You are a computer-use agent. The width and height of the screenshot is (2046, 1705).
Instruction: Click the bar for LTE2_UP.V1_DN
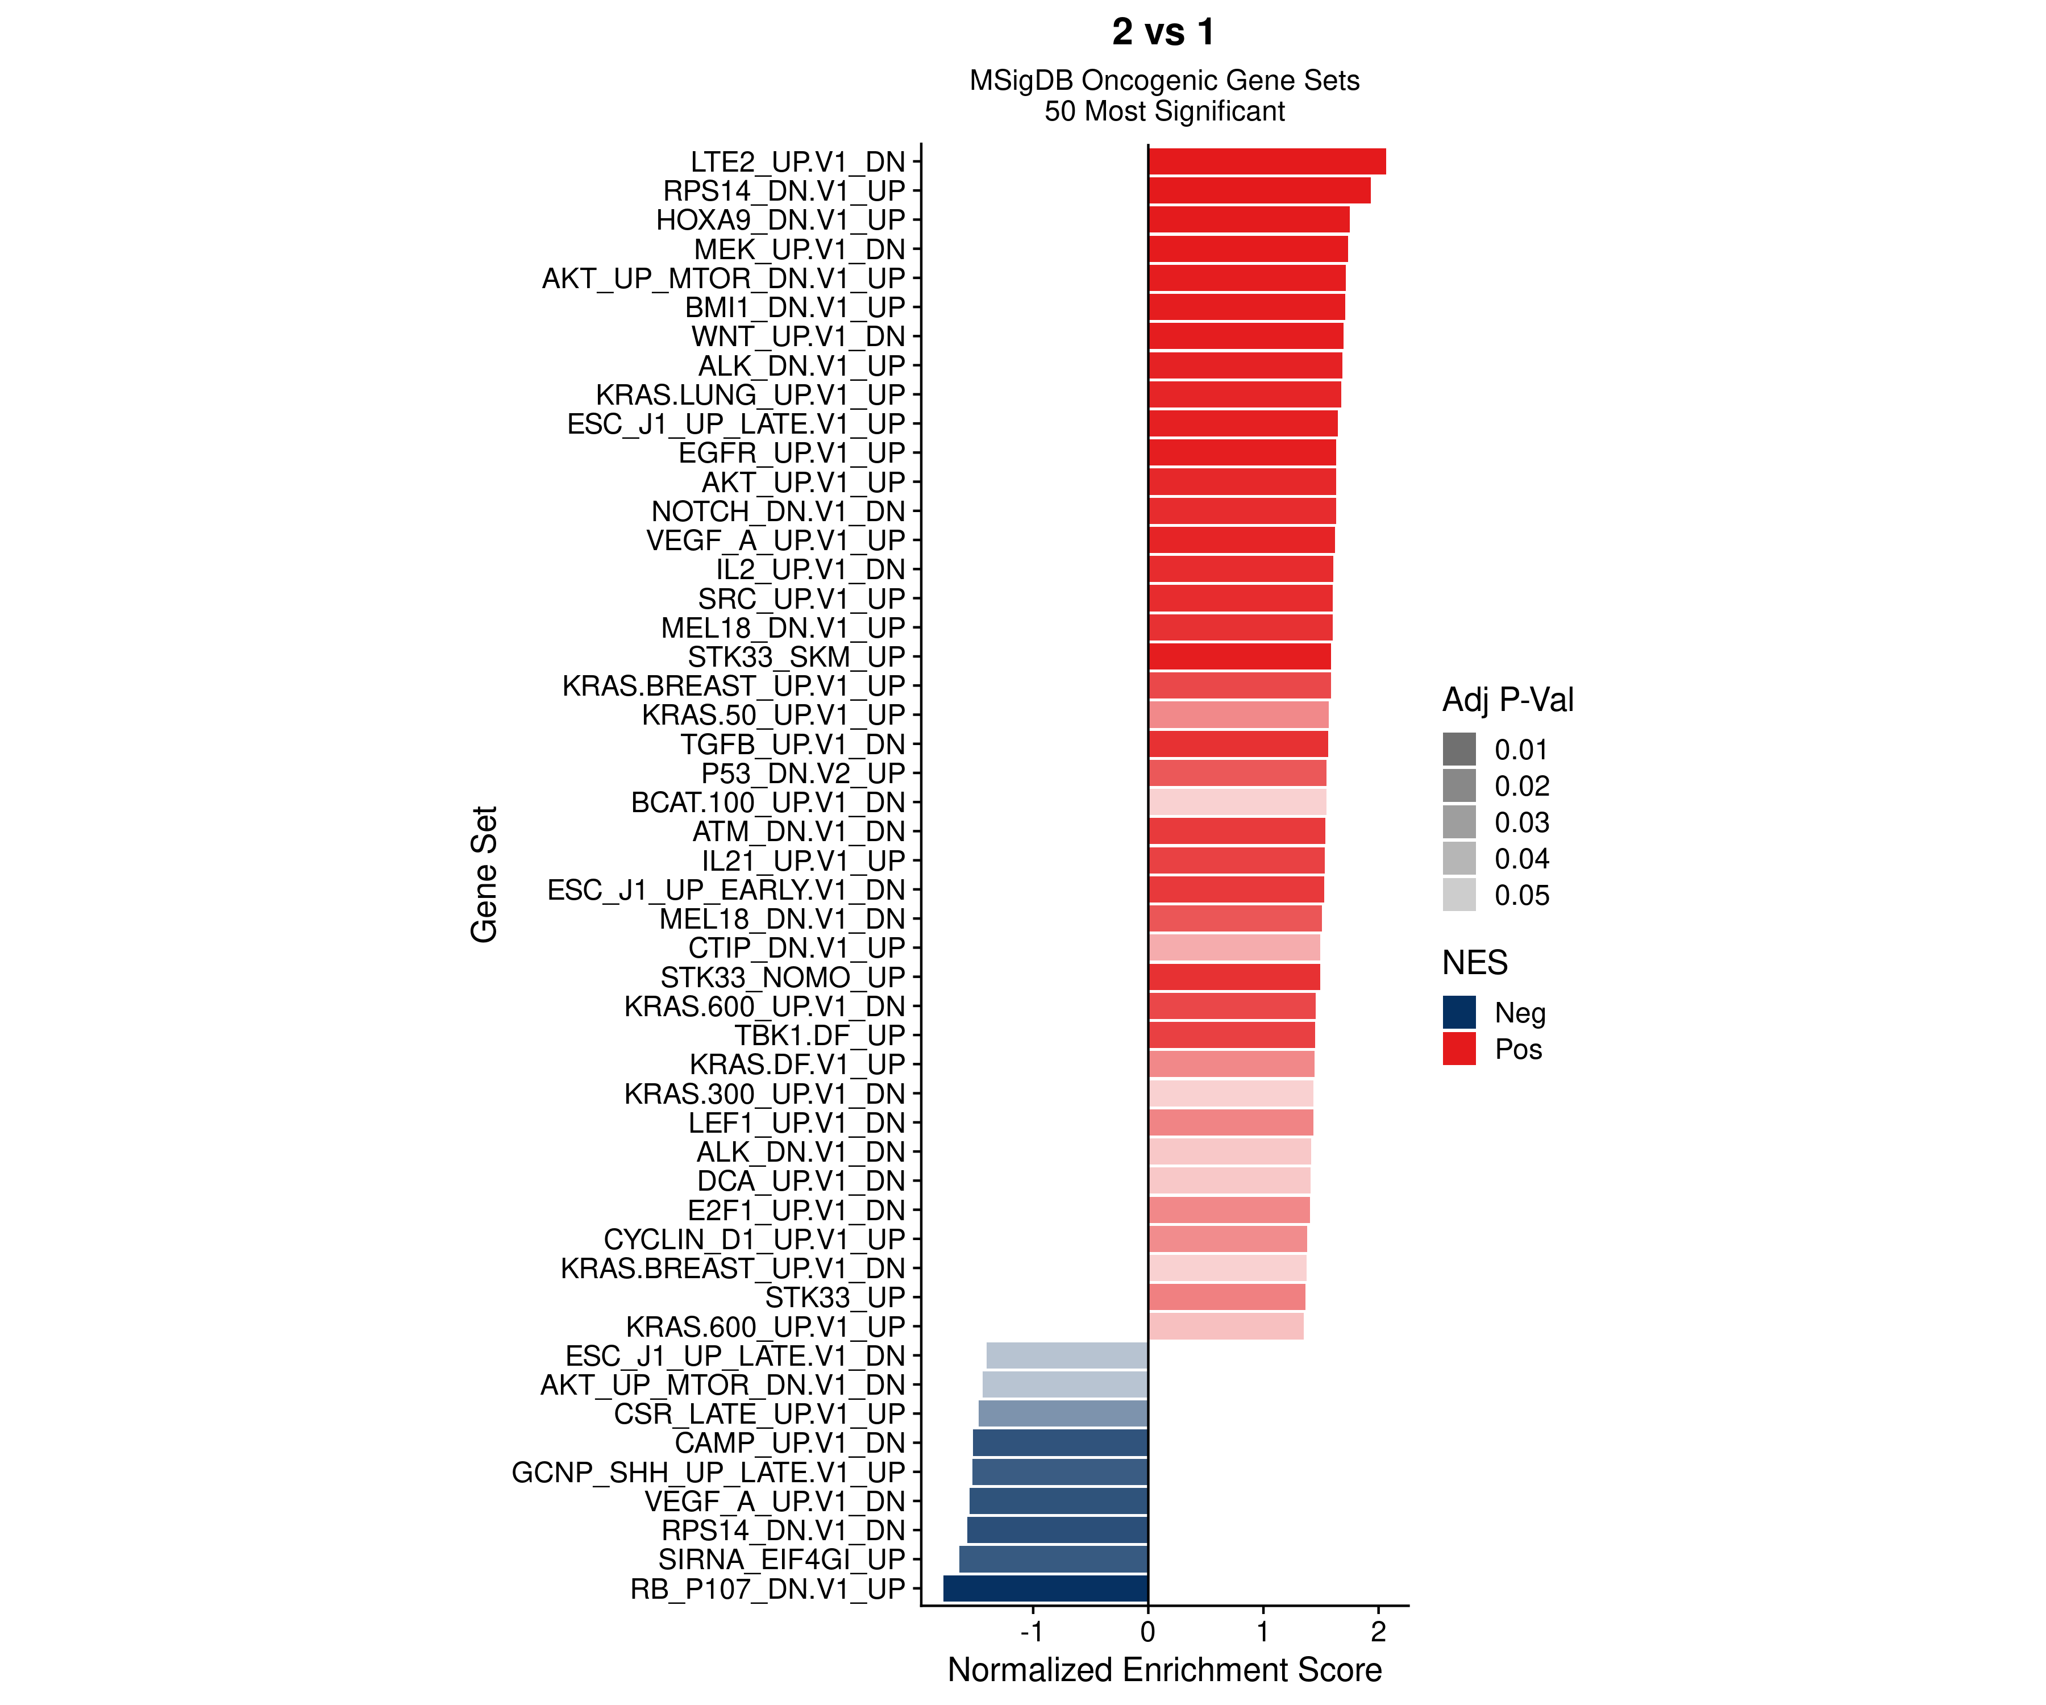pos(1267,162)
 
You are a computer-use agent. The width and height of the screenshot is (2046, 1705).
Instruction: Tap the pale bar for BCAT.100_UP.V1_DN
pos(1237,803)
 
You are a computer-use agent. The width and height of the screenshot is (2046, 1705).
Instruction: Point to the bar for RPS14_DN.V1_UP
pos(1259,191)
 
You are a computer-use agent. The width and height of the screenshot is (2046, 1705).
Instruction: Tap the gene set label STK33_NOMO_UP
pos(783,977)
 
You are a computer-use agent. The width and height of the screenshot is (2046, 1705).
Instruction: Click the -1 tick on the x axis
pos(1033,1633)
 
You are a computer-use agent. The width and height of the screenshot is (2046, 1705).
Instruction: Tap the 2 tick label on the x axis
pos(1378,1633)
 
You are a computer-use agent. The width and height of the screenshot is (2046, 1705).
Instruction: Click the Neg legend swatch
pos(1458,1012)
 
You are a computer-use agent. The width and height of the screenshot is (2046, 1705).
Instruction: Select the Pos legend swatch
pos(1458,1049)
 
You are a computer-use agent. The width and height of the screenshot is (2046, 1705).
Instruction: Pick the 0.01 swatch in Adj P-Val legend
pos(1458,749)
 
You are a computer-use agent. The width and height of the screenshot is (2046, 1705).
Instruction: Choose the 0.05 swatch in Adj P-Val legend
pos(1458,895)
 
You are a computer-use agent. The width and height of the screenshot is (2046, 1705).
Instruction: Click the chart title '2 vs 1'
pos(1165,32)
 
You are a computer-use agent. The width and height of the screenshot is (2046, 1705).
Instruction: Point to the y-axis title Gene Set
pos(484,874)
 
